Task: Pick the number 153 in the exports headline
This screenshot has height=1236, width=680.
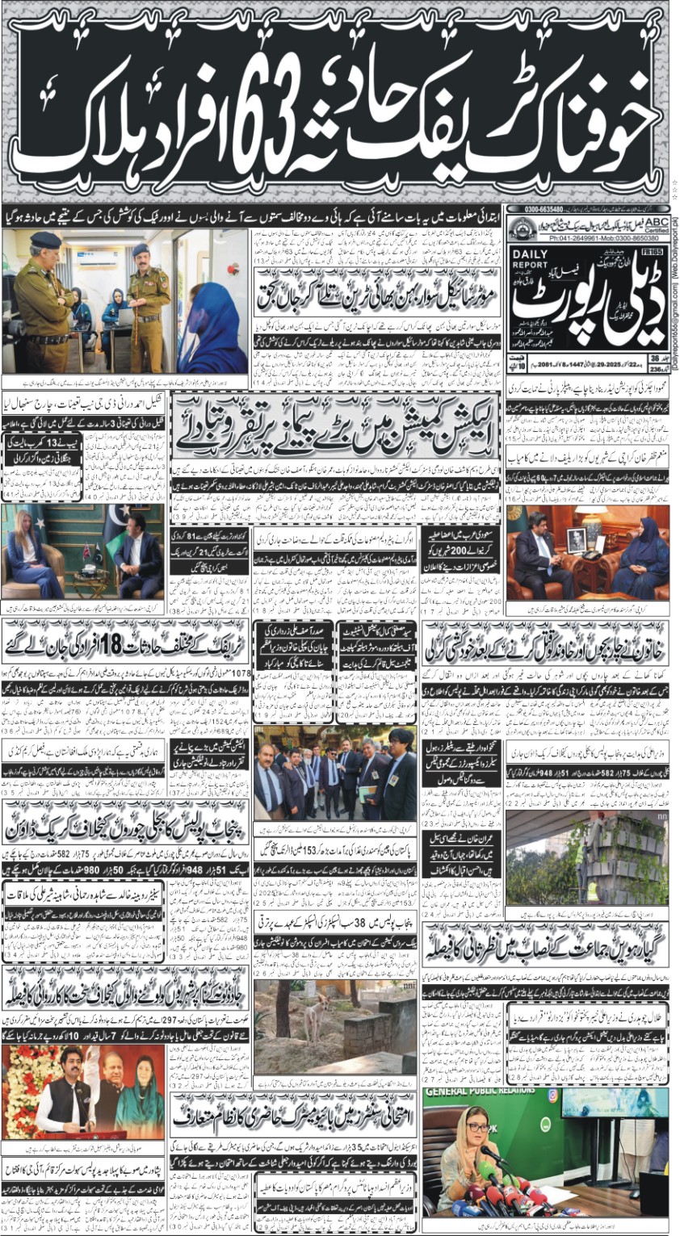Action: (x=353, y=848)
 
